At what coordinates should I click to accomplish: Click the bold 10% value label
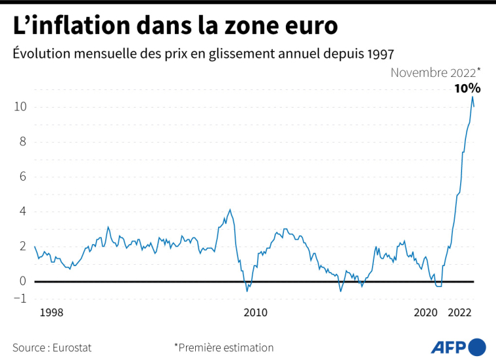click(467, 88)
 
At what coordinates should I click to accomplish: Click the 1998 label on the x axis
click(52, 313)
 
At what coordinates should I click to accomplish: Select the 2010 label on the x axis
click(256, 313)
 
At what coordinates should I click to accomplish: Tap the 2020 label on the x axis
click(426, 313)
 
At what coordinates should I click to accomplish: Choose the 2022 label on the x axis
click(460, 313)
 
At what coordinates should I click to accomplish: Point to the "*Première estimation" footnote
click(224, 348)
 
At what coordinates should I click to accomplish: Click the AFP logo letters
click(449, 347)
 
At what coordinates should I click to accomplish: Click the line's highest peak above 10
click(472, 97)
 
